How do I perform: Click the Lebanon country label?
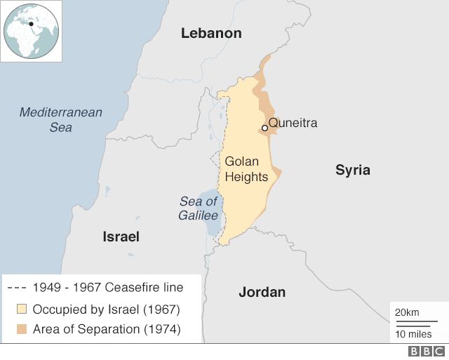point(210,33)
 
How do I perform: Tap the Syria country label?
point(352,170)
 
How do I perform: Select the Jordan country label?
point(262,292)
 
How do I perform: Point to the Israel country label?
point(121,236)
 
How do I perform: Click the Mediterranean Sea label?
point(60,119)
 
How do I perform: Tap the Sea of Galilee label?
point(198,208)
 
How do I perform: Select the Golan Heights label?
point(246,169)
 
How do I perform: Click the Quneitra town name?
point(293,124)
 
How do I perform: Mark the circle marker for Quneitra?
point(264,128)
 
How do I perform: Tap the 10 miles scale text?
point(413,333)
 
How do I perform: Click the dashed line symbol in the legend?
point(18,288)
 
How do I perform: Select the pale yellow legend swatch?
point(22,309)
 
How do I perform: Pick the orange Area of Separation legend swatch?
point(22,329)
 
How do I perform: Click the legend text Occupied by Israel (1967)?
point(107,309)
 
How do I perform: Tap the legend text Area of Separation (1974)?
point(107,329)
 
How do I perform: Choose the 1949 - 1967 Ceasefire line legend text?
point(108,288)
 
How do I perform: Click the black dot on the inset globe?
point(31,23)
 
